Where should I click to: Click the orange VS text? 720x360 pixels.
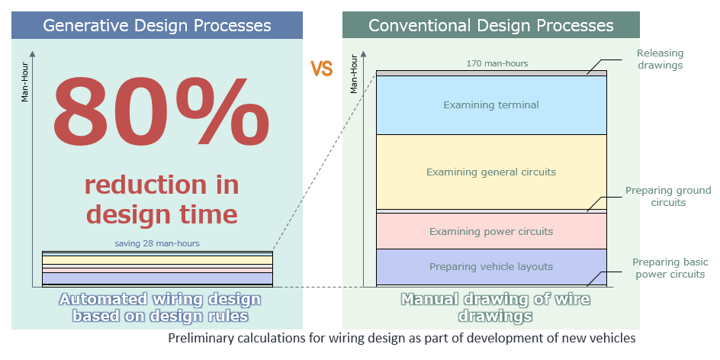pos(322,69)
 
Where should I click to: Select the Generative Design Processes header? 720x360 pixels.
pos(157,25)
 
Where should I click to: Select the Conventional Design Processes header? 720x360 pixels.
pos(490,25)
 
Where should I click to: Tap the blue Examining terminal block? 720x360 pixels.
pos(491,104)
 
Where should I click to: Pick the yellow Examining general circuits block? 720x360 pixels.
pos(491,172)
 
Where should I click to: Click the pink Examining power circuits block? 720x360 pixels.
pos(491,231)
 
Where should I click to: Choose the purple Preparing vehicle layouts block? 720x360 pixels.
pos(491,267)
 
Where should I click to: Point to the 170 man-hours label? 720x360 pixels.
pos(497,63)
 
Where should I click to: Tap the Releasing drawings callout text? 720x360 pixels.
pos(661,59)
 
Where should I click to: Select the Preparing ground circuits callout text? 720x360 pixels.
pos(668,196)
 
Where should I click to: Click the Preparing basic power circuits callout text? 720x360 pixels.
pos(668,268)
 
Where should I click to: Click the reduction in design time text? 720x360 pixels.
pos(161,198)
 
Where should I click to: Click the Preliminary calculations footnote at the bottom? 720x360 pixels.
pos(401,338)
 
